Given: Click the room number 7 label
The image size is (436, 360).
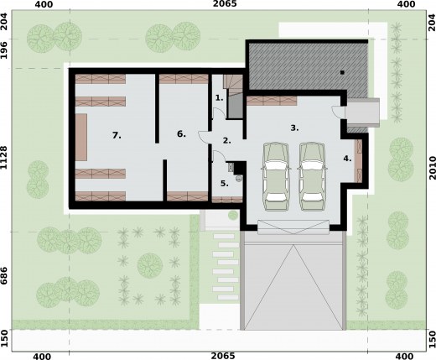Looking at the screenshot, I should point(117,134).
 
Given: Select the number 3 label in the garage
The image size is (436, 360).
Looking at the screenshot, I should point(294,128).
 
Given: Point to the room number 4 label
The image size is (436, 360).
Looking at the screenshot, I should point(347,158).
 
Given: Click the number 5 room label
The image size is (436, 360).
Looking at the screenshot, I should point(224,183).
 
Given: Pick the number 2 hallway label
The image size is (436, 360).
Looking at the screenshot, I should point(226,140).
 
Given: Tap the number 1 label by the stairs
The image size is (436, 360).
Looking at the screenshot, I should point(219,98).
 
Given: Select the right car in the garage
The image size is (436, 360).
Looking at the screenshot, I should point(312,175).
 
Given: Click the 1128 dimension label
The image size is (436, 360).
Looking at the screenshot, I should point(8,157).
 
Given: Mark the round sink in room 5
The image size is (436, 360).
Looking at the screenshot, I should point(239,177).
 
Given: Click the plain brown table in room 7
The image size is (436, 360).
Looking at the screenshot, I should point(81,137).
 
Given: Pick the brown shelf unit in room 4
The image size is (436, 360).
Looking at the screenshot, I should point(358,159).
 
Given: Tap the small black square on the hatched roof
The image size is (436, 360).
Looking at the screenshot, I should point(343,73).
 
